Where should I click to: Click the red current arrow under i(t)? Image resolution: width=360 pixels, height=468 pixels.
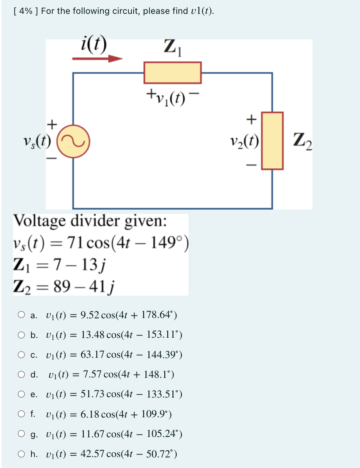(97, 58)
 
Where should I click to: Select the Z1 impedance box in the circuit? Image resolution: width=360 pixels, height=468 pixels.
(172, 73)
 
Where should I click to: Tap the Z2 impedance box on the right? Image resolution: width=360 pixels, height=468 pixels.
(272, 141)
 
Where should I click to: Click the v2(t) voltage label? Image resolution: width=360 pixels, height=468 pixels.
(244, 141)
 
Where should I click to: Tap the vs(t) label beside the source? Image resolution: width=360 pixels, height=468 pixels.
(37, 141)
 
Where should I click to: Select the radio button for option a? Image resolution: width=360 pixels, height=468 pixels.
(21, 315)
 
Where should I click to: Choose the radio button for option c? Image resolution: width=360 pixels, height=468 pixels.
(21, 354)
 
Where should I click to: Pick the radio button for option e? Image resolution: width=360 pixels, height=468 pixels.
(21, 394)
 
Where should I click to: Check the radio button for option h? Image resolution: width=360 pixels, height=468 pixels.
(21, 454)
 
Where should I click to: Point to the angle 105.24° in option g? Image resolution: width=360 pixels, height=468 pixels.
(162, 434)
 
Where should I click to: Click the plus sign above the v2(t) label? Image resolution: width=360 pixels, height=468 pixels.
(250, 119)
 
